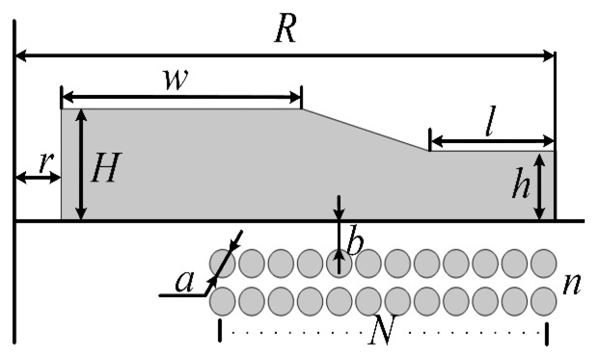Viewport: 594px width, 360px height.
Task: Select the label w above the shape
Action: pyautogui.click(x=178, y=82)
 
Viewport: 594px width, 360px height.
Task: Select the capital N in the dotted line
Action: pyautogui.click(x=382, y=334)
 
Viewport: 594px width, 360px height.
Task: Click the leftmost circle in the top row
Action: pyautogui.click(x=222, y=262)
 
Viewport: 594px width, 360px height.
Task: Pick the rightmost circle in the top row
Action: pyautogui.click(x=544, y=262)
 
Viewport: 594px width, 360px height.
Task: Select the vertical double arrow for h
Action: pyautogui.click(x=539, y=186)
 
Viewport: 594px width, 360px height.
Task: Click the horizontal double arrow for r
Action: pyautogui.click(x=38, y=178)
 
